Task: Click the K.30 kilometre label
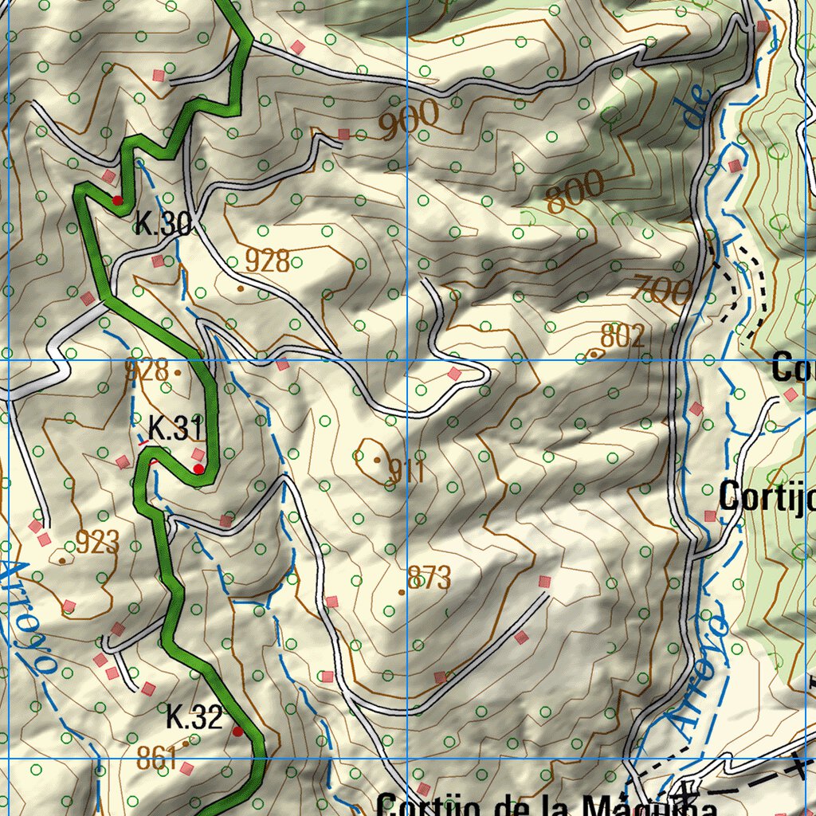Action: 163,224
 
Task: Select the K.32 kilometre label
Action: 194,718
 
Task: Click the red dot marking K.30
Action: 117,200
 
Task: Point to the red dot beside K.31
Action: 198,469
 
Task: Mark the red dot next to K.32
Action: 237,731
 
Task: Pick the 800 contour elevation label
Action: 575,192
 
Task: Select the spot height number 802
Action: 622,335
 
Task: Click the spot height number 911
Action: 406,472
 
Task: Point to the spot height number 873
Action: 429,578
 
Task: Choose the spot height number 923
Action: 97,543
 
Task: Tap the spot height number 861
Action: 155,759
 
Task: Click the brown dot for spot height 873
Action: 402,592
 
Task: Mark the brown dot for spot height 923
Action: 62,560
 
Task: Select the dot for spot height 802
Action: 594,353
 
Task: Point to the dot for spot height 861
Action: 186,743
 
